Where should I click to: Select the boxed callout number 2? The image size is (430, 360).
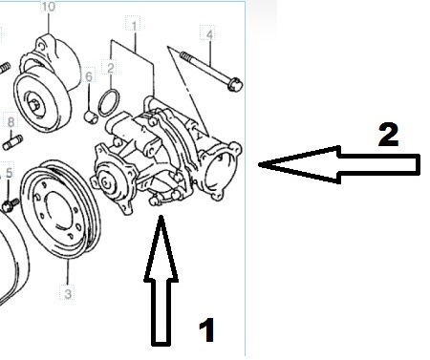pos(111,68)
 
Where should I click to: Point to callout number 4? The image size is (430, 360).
pos(209,35)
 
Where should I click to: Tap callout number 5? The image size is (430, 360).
pos(9,174)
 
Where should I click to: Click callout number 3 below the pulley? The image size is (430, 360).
pos(68,293)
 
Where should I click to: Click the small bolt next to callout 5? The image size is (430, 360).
pos(10,204)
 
